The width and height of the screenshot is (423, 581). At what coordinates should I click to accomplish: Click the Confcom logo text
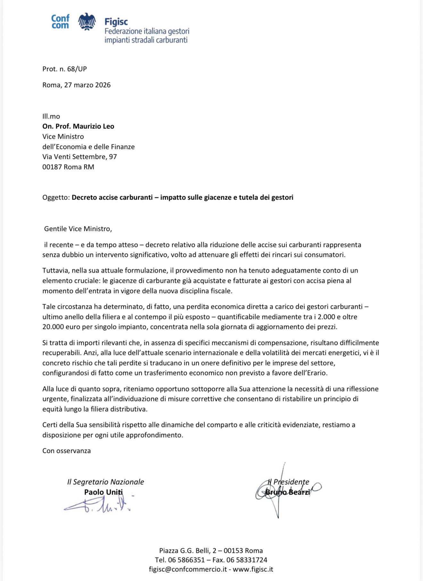click(x=60, y=22)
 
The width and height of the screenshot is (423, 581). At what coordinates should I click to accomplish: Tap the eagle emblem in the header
click(x=87, y=22)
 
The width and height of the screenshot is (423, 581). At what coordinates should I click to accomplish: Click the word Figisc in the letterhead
click(x=116, y=22)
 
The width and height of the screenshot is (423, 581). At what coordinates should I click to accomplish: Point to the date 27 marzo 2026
click(x=87, y=85)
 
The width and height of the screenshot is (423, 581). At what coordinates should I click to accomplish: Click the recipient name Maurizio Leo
click(x=94, y=126)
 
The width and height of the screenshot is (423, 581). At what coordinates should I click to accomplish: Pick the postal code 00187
click(x=52, y=167)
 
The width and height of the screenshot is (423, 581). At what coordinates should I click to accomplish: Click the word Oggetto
click(x=55, y=197)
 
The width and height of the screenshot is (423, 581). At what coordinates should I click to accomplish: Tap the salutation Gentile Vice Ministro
click(x=78, y=229)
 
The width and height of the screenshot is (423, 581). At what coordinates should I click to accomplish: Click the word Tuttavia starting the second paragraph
click(x=56, y=270)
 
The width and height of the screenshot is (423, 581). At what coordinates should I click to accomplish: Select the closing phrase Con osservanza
click(x=67, y=451)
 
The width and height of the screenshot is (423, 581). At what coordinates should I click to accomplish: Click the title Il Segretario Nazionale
click(x=105, y=482)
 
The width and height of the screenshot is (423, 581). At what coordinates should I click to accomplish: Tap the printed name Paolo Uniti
click(x=103, y=492)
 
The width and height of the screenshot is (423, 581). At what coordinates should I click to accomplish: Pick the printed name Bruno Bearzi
click(x=288, y=492)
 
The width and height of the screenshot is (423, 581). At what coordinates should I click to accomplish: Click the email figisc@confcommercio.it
click(x=188, y=569)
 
